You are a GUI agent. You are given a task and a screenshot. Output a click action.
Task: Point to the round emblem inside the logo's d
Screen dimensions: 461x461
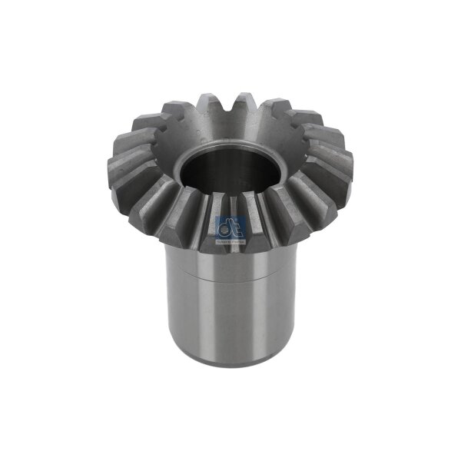224,227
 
